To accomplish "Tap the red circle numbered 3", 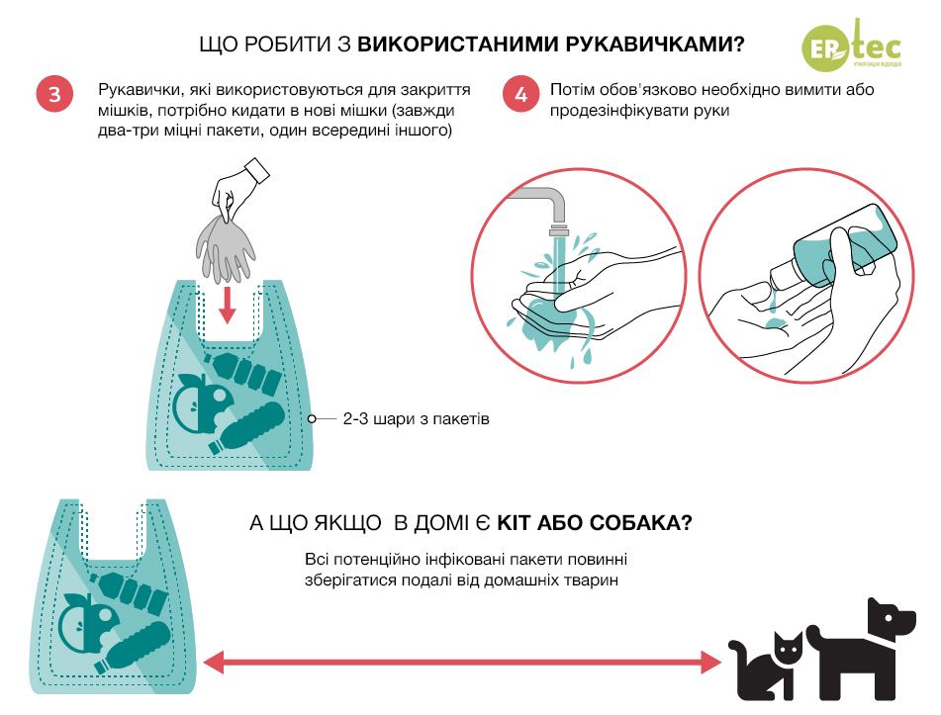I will pos(53,96).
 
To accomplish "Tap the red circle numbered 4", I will pos(520,96).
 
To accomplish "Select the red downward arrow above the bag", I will pos(228,303).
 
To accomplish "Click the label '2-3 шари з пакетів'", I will pos(416,419).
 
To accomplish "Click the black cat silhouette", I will pos(766,668).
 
